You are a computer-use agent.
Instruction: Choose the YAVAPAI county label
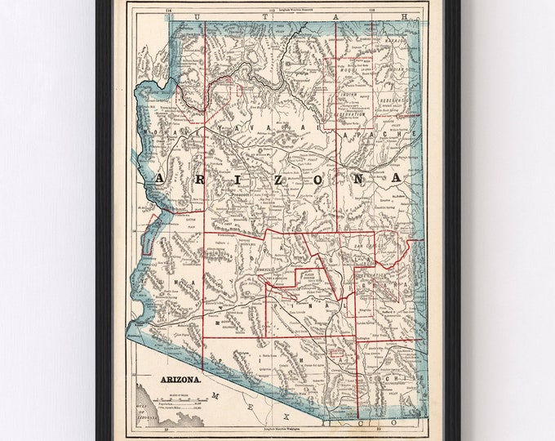coord(261,127)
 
